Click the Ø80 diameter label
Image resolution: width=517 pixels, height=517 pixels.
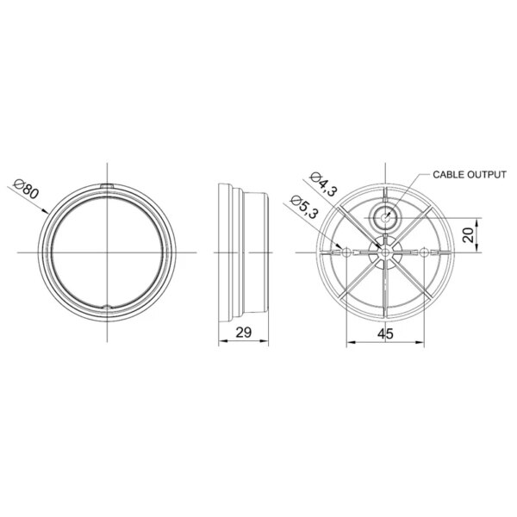point(27,190)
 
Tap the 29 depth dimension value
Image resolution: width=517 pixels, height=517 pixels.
point(244,333)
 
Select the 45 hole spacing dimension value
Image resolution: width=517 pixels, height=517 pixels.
point(385,334)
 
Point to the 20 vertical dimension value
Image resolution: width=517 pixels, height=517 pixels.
point(468,234)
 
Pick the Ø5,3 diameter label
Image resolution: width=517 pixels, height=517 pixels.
point(304,207)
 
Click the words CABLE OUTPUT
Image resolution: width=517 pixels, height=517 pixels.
point(470,175)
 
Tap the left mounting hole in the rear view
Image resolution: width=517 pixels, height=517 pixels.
point(346,252)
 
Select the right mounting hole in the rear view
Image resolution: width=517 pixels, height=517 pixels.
point(424,252)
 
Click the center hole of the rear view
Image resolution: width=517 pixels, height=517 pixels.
point(385,252)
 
